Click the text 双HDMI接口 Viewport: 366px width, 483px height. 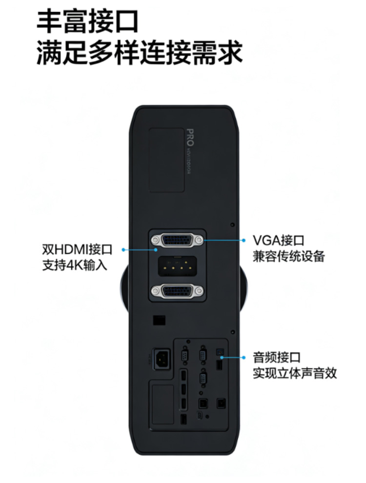click(77, 250)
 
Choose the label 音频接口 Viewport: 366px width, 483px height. click(276, 358)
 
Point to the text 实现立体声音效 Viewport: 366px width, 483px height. click(295, 373)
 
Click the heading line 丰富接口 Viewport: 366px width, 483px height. click(88, 21)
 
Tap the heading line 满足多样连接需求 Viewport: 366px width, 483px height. click(140, 52)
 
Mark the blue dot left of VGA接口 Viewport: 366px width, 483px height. click(243, 240)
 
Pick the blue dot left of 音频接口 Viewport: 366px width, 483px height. click(243, 358)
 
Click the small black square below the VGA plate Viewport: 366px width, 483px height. click(158, 320)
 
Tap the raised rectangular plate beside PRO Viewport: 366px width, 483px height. click(166, 159)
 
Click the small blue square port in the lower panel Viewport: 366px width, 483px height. click(219, 351)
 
